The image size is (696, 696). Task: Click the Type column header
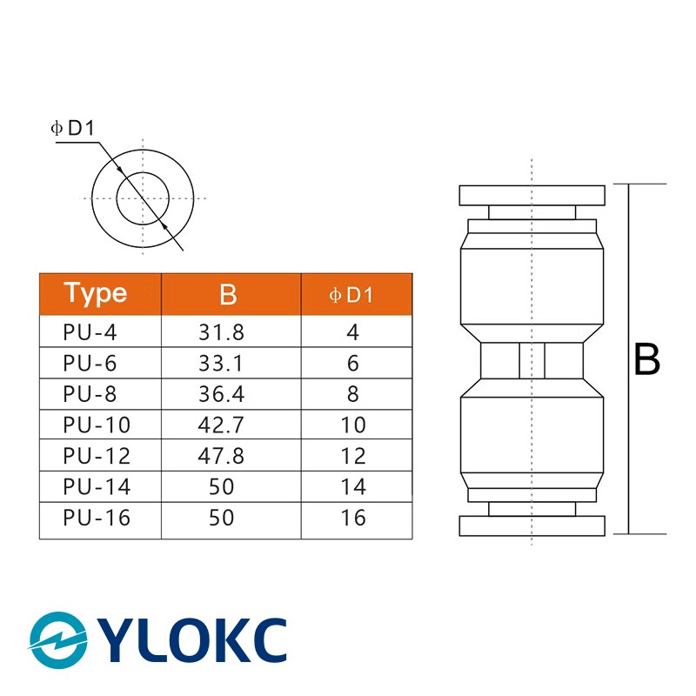tap(96, 294)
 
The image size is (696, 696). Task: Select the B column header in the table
tap(228, 295)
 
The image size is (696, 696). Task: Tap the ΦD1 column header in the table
tap(351, 296)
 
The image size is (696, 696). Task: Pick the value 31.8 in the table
tap(222, 332)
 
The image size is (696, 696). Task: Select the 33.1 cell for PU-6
tap(222, 364)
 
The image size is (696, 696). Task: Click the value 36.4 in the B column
tap(222, 394)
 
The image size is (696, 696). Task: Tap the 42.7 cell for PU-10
tap(222, 425)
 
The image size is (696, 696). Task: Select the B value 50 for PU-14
tap(222, 487)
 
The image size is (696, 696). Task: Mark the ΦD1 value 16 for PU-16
tap(352, 519)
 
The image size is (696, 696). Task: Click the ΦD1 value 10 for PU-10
tap(352, 425)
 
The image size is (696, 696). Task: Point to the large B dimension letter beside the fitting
tap(646, 359)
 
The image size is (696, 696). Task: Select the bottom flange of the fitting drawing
tap(531, 525)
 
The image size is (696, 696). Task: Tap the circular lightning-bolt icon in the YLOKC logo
tap(58, 641)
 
